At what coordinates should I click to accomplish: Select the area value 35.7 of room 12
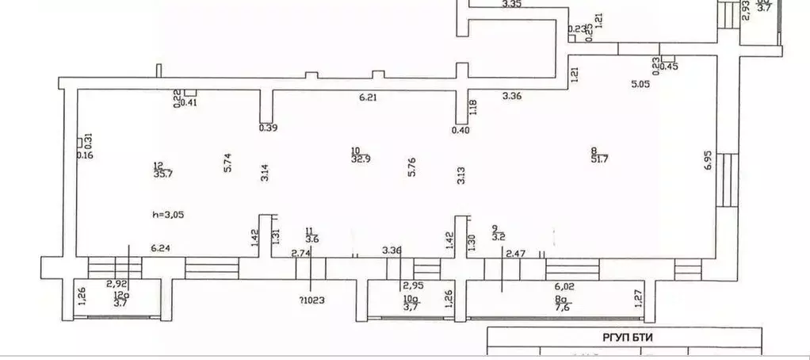point(162,175)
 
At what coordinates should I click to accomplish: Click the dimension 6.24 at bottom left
point(162,247)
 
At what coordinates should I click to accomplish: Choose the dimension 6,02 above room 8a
point(564,286)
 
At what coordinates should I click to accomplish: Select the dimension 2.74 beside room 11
point(301,253)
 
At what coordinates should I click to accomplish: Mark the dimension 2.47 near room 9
point(516,253)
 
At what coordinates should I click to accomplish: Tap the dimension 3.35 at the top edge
point(512,5)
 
